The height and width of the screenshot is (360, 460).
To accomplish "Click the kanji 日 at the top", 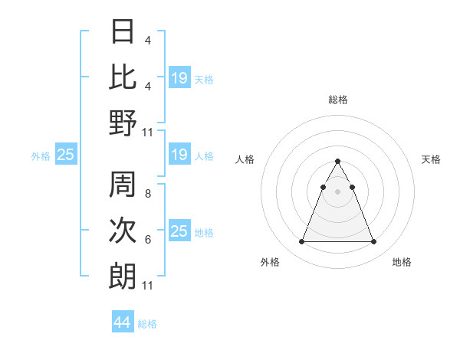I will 123,32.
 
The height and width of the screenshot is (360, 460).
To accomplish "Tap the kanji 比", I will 123,77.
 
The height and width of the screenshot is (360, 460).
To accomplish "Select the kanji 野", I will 123,122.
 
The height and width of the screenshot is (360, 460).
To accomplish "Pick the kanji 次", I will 123,231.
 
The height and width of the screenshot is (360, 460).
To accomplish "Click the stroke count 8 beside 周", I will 147,195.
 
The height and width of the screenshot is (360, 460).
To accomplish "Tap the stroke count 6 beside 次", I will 147,240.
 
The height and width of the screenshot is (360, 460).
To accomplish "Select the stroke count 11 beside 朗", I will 148,286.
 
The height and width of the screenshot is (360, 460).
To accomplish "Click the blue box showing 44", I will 122,322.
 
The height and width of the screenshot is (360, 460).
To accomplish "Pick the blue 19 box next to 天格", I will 179,77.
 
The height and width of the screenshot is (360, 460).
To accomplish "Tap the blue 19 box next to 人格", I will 179,155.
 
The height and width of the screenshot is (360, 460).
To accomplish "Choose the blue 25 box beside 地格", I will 179,231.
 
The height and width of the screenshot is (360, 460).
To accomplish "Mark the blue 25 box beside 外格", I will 65,155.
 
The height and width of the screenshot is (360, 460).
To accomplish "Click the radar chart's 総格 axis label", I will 338,100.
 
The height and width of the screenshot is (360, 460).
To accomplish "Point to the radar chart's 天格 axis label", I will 432,159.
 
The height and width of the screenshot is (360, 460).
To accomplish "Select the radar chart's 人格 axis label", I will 245,159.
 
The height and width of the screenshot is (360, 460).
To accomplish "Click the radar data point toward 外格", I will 301,242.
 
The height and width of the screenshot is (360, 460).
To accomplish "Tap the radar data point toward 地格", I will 374,242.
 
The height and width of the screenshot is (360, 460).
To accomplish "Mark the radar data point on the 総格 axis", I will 337,162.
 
